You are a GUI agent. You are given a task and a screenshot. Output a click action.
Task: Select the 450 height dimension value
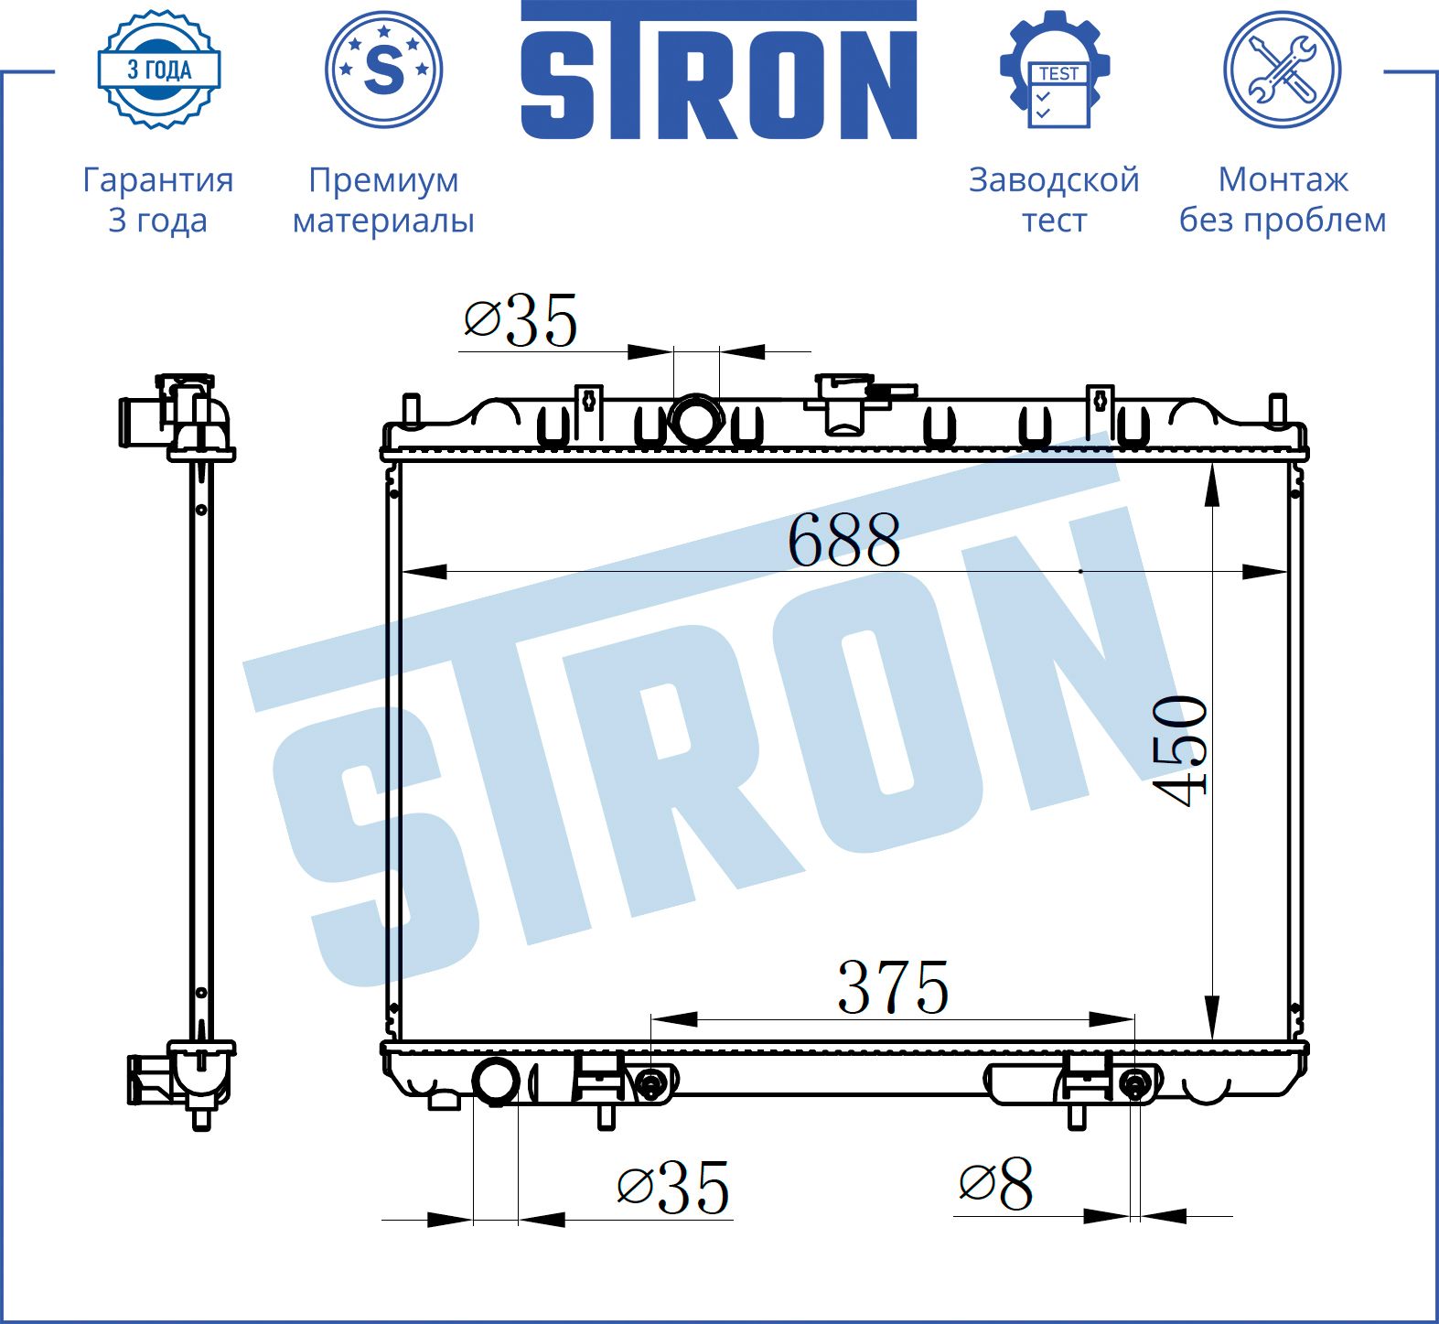[1180, 751]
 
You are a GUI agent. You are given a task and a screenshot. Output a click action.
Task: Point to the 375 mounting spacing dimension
[893, 988]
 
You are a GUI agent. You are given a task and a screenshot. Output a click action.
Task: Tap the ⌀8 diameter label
[995, 1184]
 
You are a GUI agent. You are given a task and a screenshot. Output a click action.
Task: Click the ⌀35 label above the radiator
[521, 320]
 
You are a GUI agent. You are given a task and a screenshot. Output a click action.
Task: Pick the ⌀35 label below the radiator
[673, 1189]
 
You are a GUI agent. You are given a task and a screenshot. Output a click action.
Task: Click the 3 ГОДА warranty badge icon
[159, 70]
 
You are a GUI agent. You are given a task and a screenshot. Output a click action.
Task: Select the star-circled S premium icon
[384, 70]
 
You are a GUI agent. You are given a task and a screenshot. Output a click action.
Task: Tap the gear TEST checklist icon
[1055, 70]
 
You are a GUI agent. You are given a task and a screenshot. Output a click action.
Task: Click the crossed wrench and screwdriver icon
[1283, 70]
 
